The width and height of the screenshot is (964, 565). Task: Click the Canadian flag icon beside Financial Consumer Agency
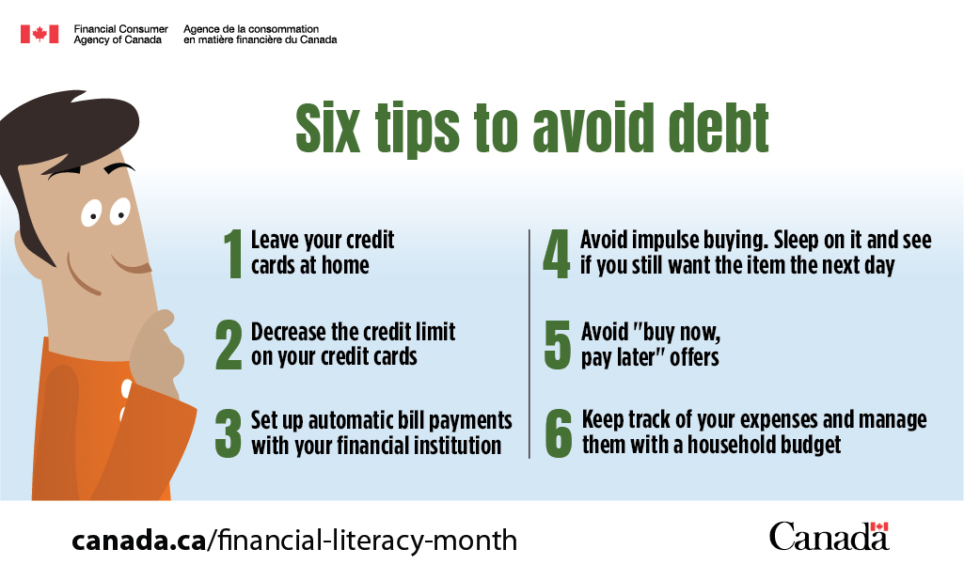(x=40, y=34)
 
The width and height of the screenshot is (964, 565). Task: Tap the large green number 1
(x=233, y=254)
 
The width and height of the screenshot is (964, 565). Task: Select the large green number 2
(x=229, y=345)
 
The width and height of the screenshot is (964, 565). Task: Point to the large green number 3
(x=229, y=434)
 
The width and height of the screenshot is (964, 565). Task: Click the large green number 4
(x=557, y=254)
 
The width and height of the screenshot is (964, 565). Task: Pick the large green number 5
(x=558, y=345)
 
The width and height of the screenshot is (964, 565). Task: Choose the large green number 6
(x=559, y=433)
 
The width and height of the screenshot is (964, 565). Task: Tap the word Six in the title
(x=327, y=128)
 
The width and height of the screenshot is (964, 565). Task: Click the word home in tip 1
(x=345, y=266)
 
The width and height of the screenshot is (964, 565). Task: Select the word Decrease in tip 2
(x=289, y=332)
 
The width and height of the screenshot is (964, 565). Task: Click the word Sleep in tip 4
(x=797, y=241)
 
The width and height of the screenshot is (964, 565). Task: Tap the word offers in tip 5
(x=694, y=357)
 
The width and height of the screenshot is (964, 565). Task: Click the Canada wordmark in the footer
(x=829, y=536)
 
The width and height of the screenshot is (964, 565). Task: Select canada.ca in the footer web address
(x=139, y=541)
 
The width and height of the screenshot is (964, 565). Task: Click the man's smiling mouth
(x=132, y=266)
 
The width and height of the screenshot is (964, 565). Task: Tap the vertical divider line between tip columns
(x=529, y=344)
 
